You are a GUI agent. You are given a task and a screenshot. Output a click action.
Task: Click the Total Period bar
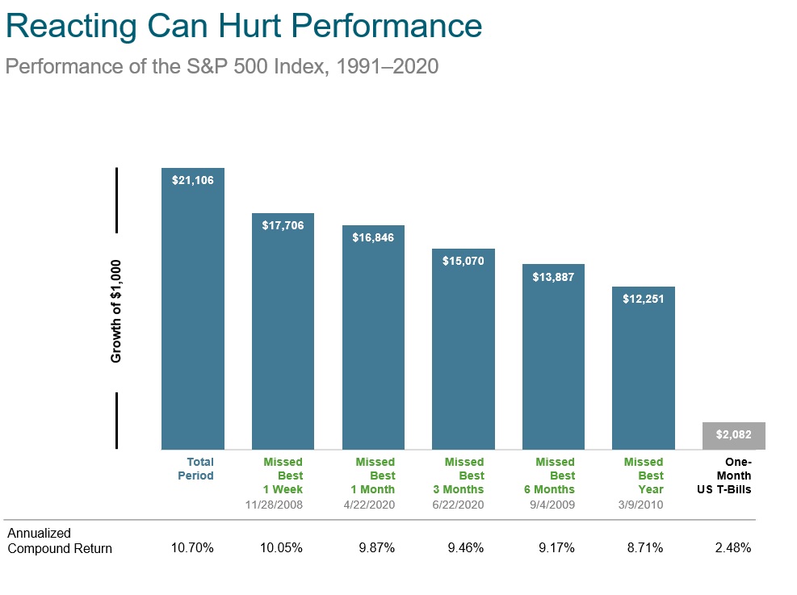point(193,315)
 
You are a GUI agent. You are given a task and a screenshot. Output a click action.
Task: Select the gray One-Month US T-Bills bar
point(733,435)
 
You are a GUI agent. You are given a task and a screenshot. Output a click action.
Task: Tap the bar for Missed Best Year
point(643,371)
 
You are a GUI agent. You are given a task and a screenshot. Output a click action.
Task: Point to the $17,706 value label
point(283,225)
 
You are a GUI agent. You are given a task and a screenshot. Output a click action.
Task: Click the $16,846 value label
point(373,237)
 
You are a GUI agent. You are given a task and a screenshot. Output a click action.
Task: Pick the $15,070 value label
point(464,261)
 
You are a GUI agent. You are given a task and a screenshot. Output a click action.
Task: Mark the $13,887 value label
point(553,276)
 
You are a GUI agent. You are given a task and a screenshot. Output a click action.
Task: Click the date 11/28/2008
point(274,505)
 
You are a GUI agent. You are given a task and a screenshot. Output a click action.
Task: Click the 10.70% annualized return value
point(192,548)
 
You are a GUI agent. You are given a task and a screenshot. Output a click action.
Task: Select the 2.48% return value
point(732,548)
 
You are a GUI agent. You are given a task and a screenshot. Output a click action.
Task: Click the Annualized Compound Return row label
point(60,541)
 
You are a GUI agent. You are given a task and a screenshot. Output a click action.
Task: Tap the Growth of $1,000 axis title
point(115,310)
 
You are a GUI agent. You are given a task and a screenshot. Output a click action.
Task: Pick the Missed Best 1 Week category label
point(283,476)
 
